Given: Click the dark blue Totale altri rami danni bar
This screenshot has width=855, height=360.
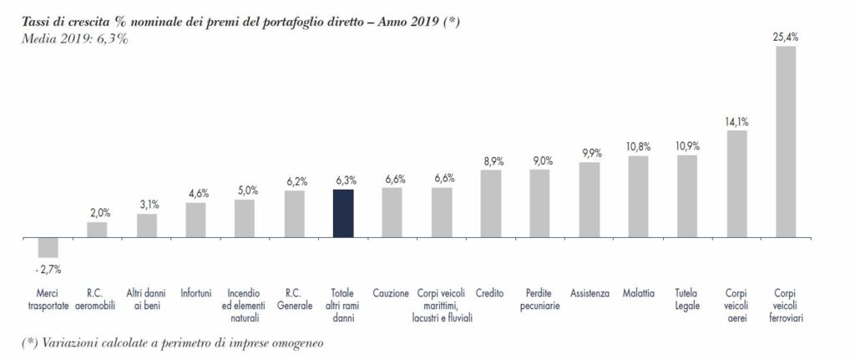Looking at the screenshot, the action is pyautogui.click(x=343, y=213).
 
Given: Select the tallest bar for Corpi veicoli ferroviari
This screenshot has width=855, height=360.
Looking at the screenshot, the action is pyautogui.click(x=785, y=142).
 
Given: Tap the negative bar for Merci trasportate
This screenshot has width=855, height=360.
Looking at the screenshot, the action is pyautogui.click(x=48, y=247).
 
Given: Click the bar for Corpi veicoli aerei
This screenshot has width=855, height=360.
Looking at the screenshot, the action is pyautogui.click(x=736, y=184).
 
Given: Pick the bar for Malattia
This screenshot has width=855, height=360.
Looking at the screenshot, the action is pyautogui.click(x=638, y=197).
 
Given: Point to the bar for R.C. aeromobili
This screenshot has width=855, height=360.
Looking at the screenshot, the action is pyautogui.click(x=97, y=231).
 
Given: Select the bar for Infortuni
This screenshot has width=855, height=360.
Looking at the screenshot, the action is pyautogui.click(x=195, y=221).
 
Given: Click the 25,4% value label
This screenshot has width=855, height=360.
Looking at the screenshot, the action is pyautogui.click(x=786, y=38).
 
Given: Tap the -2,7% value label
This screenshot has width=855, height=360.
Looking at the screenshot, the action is pyautogui.click(x=48, y=269).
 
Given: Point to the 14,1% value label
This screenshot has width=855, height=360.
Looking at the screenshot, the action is pyautogui.click(x=737, y=122).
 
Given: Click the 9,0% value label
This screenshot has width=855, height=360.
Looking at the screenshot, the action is pyautogui.click(x=540, y=161).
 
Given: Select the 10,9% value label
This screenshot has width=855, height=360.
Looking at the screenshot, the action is pyautogui.click(x=688, y=147).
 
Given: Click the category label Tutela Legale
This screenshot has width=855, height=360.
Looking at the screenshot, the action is pyautogui.click(x=686, y=300).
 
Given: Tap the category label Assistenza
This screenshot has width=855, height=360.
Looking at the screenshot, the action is pyautogui.click(x=590, y=293).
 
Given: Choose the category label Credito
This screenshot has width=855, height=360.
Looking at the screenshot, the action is pyautogui.click(x=489, y=293).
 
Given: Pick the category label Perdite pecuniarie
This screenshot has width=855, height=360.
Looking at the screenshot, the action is pyautogui.click(x=540, y=300).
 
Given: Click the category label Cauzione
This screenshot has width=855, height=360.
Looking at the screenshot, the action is pyautogui.click(x=391, y=293).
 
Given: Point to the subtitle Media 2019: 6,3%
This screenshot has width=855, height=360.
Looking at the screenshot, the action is pyautogui.click(x=74, y=38).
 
